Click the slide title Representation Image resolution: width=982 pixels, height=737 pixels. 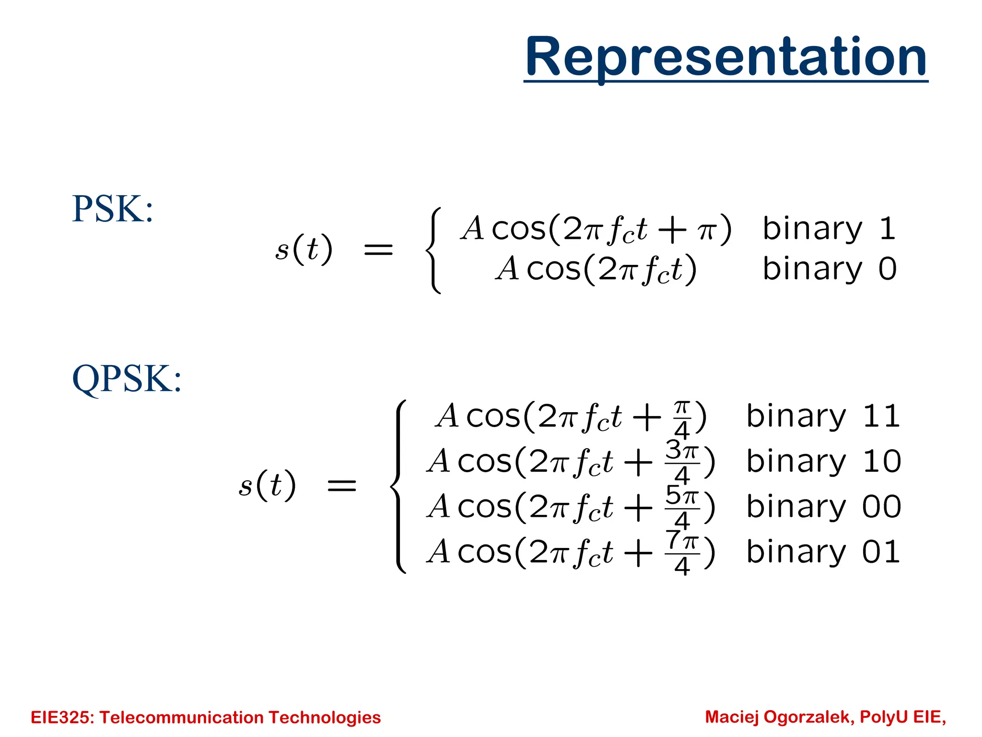(725, 58)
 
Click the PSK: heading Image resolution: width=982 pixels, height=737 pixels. (113, 210)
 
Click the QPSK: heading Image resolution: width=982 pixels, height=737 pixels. (127, 379)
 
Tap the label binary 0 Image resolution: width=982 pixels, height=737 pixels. (829, 269)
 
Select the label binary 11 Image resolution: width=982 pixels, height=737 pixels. (823, 416)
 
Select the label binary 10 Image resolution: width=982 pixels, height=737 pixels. (824, 462)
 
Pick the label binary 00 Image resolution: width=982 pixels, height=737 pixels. (824, 507)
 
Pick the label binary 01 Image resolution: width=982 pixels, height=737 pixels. (823, 552)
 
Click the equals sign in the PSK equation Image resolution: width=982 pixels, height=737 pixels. (378, 250)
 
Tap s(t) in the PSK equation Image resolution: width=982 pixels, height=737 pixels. (304, 250)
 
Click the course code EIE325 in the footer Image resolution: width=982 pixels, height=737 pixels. (63, 717)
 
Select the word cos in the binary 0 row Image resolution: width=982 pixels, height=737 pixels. (554, 269)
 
